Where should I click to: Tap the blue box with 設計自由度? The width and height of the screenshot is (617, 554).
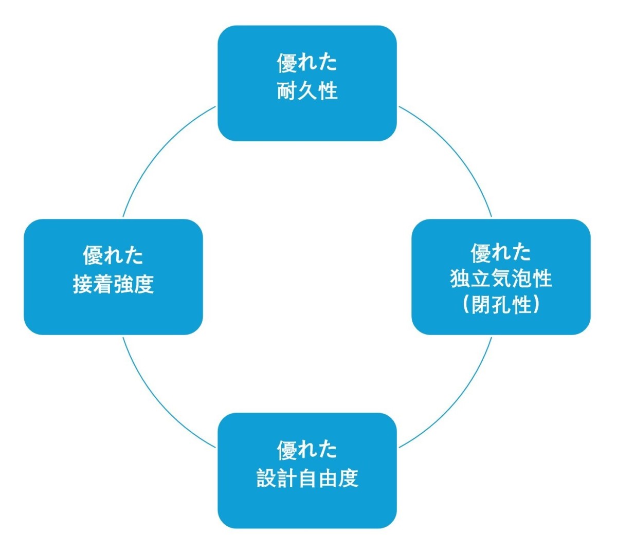coord(307,506)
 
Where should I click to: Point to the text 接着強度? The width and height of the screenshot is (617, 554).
coord(113,284)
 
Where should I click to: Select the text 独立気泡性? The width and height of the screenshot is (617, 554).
coord(501,279)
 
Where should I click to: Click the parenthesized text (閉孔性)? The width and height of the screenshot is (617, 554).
coord(501,305)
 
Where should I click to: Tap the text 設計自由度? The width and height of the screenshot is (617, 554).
coord(307,478)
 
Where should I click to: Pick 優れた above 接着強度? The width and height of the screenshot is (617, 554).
coord(113,255)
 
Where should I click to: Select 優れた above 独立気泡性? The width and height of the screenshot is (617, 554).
coord(501,252)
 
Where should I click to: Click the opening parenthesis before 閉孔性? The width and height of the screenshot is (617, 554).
coord(466,305)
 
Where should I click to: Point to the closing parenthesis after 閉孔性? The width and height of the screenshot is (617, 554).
coord(536,305)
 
